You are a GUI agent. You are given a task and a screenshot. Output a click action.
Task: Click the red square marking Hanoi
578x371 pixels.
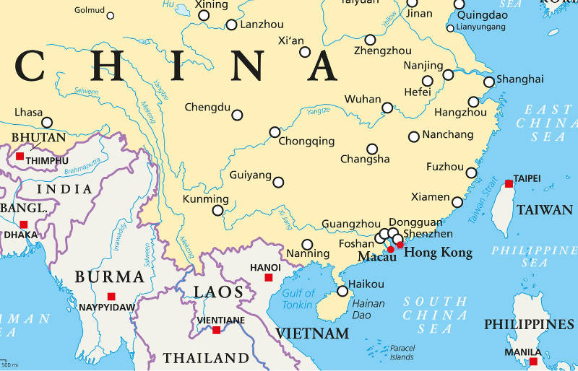[268, 277]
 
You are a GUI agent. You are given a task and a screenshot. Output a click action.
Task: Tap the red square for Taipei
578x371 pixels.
[509, 183]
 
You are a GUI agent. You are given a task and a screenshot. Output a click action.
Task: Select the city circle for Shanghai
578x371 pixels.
[489, 82]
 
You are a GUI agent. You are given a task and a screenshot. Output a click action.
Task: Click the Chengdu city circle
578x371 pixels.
[237, 115]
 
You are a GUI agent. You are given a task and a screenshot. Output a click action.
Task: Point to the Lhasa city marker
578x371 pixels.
[47, 122]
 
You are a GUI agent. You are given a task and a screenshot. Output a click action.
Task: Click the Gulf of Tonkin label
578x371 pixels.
[298, 299]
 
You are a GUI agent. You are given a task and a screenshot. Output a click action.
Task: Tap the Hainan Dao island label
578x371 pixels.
[368, 309]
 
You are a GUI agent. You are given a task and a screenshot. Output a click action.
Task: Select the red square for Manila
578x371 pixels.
[533, 361]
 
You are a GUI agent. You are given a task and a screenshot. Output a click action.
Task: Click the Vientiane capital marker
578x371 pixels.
[216, 330]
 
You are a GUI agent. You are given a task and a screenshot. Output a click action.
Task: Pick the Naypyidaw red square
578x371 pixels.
[111, 296]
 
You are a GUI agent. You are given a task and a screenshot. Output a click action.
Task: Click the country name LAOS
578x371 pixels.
[217, 292]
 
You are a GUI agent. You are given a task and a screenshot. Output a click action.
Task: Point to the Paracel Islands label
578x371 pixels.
[401, 352]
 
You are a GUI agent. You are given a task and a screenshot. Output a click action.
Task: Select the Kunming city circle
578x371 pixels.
[217, 211]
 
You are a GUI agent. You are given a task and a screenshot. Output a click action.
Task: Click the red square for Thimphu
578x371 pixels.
[20, 156]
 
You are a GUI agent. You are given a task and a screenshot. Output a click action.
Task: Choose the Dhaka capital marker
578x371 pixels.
[24, 224]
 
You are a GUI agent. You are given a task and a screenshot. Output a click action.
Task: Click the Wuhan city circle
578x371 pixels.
[387, 108]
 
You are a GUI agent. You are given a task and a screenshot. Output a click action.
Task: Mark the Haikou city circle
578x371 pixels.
[342, 291]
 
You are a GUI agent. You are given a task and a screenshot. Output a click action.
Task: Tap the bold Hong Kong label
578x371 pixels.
[438, 253]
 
